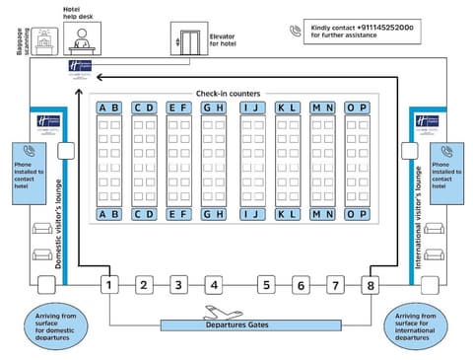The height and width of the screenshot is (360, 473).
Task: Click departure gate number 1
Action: [x=110, y=285]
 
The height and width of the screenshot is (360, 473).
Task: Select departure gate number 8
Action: [x=371, y=285]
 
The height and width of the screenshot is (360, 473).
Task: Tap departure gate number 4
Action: [x=213, y=285]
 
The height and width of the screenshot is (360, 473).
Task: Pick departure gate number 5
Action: [x=266, y=285]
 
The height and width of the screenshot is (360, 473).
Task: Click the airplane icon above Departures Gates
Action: [x=219, y=313]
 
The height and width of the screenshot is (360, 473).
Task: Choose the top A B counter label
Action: [x=109, y=108]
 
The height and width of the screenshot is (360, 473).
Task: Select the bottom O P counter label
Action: [x=357, y=214]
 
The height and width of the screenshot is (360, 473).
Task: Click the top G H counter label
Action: [x=213, y=108]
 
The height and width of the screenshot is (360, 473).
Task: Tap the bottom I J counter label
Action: [x=253, y=214]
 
